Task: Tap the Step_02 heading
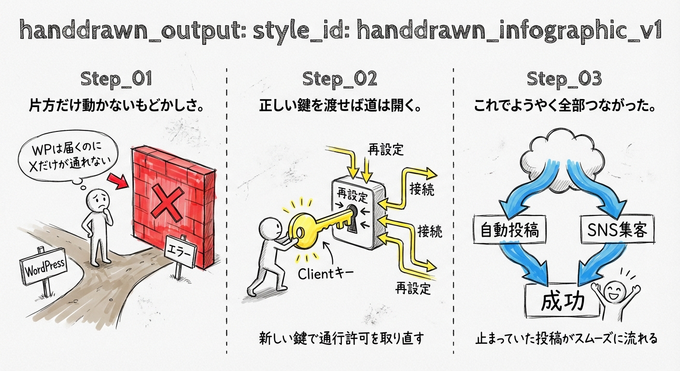pyautogui.click(x=340, y=79)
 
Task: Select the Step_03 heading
pyautogui.click(x=564, y=79)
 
